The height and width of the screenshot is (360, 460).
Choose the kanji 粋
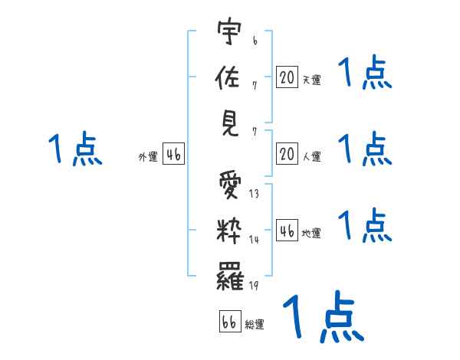point(231,231)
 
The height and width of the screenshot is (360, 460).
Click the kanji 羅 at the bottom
point(231,277)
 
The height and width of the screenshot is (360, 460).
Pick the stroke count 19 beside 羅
point(254,286)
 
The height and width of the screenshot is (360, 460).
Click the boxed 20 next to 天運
point(287,77)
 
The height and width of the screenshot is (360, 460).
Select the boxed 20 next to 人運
point(287,154)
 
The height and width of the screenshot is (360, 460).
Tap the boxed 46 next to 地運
point(287,231)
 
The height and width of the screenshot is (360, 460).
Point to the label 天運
point(311,79)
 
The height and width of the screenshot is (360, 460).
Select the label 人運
point(311,156)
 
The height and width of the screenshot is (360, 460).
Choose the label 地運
point(311,233)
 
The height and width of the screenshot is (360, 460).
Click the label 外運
point(148,156)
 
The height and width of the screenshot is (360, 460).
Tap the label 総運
point(255,324)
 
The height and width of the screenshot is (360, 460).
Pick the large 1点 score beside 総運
point(322,316)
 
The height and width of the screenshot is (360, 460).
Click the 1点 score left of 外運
point(75,149)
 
